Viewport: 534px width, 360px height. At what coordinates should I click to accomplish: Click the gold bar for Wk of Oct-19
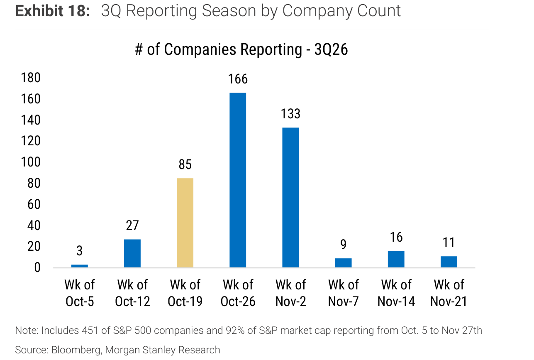click(x=185, y=223)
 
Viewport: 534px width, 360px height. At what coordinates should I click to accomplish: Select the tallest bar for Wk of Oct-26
click(x=238, y=180)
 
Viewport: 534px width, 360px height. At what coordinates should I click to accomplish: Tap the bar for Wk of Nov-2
click(x=290, y=198)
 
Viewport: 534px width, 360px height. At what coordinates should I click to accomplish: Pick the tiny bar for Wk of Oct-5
click(x=80, y=266)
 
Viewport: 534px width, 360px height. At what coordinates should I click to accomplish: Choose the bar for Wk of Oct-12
click(x=132, y=253)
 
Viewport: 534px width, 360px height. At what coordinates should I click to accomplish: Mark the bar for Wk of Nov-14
click(x=396, y=259)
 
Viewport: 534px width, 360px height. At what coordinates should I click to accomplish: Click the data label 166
click(x=238, y=79)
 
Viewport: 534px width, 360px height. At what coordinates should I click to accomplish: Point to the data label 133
click(x=290, y=114)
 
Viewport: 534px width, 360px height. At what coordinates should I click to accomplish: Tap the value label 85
click(x=185, y=164)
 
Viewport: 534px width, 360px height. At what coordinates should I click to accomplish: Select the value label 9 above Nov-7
click(x=343, y=244)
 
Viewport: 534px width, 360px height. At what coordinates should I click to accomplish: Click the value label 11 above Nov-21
click(x=449, y=242)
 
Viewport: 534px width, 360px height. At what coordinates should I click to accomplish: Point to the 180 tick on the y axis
click(x=31, y=78)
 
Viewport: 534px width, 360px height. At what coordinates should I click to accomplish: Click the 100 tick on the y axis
click(x=31, y=162)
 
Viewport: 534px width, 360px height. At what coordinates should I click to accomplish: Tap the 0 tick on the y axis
click(x=37, y=268)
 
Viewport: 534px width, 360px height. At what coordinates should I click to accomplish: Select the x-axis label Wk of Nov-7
click(x=344, y=293)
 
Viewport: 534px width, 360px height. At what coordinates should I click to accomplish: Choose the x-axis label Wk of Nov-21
click(x=449, y=293)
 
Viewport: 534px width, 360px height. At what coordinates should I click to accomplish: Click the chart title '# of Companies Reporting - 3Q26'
click(x=241, y=50)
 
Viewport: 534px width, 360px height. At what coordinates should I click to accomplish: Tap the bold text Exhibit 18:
click(x=52, y=11)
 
